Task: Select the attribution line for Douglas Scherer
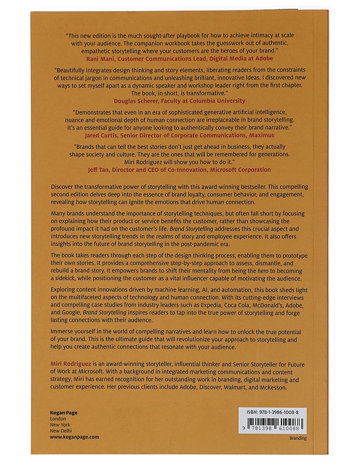[x=180, y=100]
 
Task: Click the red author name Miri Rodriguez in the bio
[x=66, y=362]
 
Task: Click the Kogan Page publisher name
[x=63, y=412]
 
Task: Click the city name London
[x=58, y=419]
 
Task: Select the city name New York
[x=61, y=425]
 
